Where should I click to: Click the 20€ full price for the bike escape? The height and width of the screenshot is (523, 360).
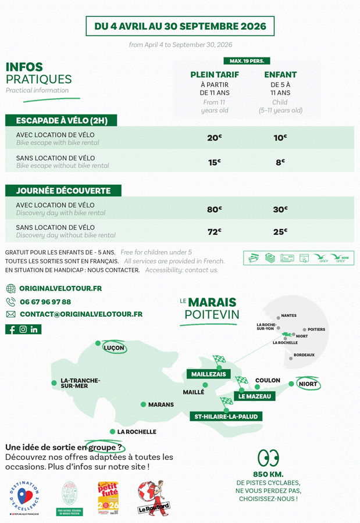tap(215, 138)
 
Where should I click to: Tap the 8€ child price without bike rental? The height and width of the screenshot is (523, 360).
tap(280, 163)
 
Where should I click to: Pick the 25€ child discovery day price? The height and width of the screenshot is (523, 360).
tap(280, 232)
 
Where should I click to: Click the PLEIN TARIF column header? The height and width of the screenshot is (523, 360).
tap(215, 75)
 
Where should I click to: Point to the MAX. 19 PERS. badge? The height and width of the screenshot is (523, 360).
tap(247, 61)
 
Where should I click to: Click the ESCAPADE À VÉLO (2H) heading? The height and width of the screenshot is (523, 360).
tap(61, 121)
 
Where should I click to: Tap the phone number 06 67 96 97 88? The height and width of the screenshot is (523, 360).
tap(45, 302)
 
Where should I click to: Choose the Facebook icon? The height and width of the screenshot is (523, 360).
tap(12, 329)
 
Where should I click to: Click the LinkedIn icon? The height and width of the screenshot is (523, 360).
tap(34, 329)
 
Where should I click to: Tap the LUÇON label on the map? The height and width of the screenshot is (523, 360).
tap(113, 348)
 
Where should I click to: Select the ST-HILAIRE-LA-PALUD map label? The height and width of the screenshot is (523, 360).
tap(226, 417)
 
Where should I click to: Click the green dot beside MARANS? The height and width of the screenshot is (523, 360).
tap(143, 404)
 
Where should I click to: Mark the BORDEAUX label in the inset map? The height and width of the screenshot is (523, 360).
tap(304, 355)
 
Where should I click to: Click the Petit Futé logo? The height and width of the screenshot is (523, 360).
tap(108, 498)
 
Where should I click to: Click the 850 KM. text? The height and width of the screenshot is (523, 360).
tap(268, 475)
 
